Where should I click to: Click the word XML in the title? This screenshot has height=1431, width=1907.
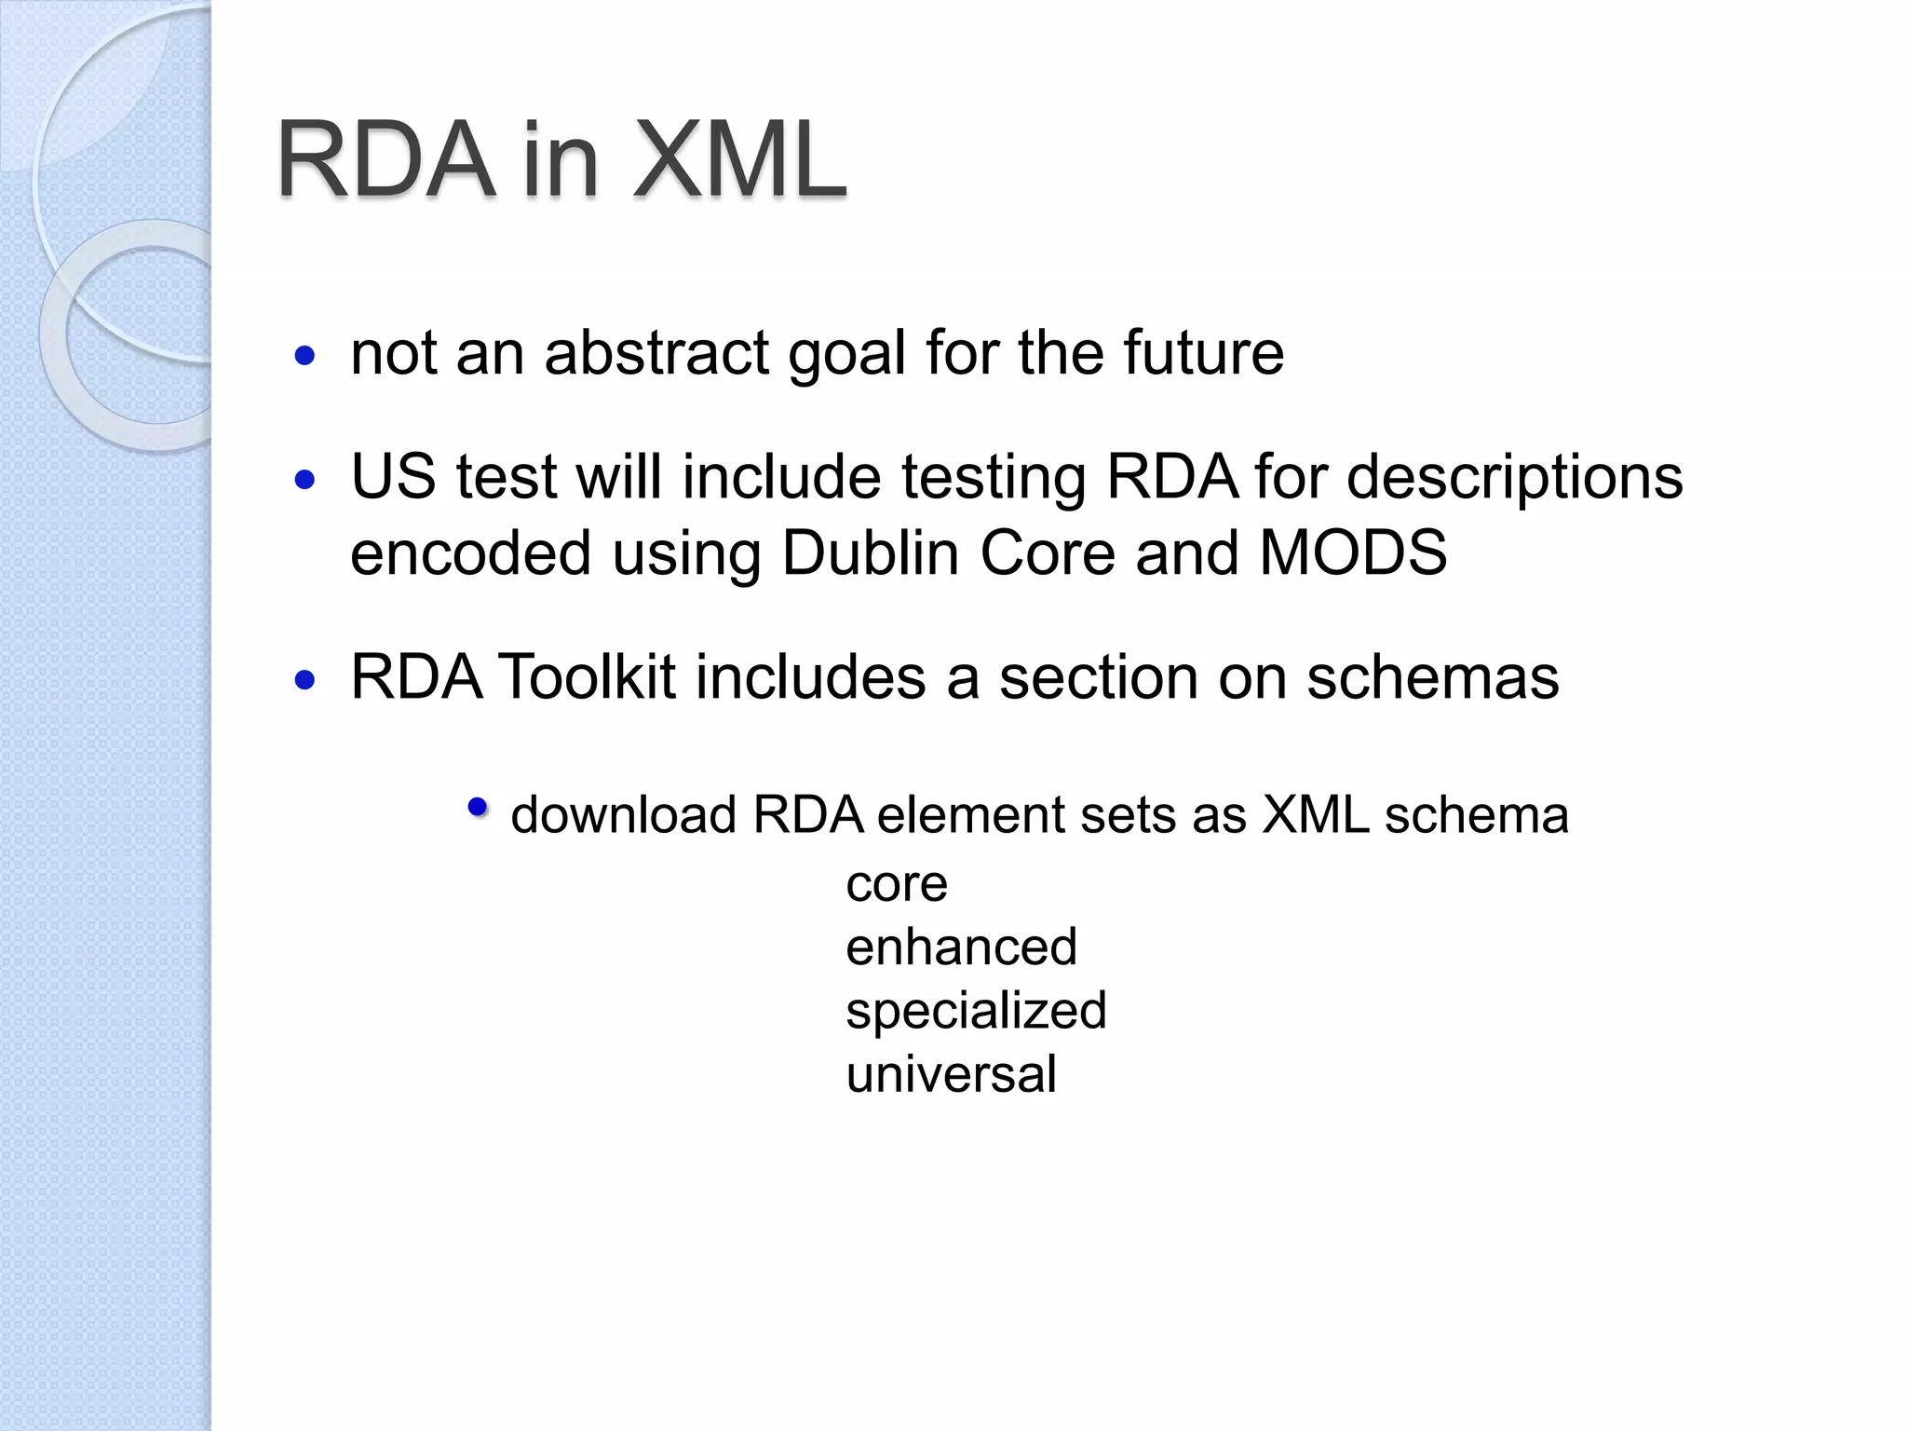[739, 160]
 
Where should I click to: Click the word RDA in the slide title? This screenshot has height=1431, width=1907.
[385, 160]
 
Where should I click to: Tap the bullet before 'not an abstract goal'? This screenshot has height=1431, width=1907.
[304, 355]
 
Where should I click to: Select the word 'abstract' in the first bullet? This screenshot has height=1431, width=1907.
[656, 353]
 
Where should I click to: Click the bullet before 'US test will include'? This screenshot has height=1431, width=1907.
[304, 480]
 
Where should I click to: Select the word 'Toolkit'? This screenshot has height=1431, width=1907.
[587, 677]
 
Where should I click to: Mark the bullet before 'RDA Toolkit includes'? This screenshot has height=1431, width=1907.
[304, 680]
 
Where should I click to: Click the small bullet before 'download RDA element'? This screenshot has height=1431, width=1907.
[478, 807]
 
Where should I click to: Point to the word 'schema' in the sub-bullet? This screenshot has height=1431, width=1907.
[1476, 815]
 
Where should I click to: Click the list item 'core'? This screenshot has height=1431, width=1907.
[896, 884]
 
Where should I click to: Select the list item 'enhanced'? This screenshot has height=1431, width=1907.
[961, 947]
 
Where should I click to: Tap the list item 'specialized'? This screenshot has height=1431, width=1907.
[976, 1011]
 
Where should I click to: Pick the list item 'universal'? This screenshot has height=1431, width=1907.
[951, 1074]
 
